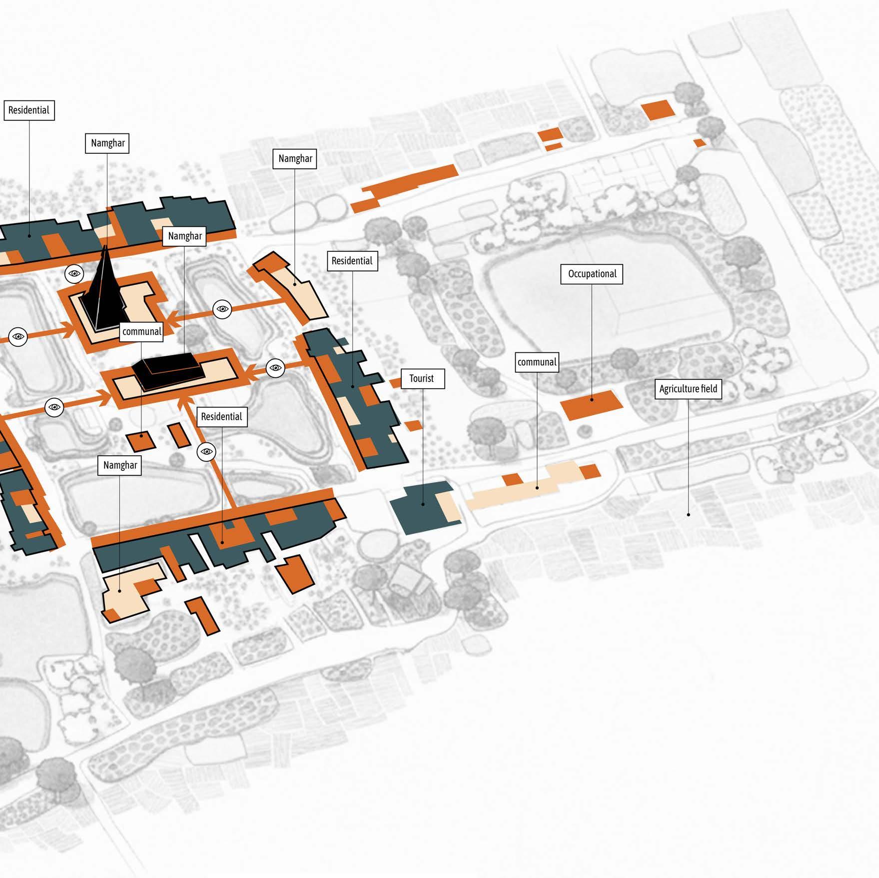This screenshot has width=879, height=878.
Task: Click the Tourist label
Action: pyautogui.click(x=422, y=379)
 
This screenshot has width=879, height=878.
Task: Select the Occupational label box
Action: pyautogui.click(x=592, y=274)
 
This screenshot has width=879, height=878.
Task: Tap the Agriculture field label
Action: pyautogui.click(x=688, y=389)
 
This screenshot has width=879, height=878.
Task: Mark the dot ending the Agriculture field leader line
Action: pyautogui.click(x=688, y=514)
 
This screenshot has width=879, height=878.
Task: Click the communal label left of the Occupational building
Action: pyautogui.click(x=537, y=362)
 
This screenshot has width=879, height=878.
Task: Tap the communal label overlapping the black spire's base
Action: pyautogui.click(x=142, y=332)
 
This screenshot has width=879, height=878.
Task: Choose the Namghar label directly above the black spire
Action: pyautogui.click(x=107, y=143)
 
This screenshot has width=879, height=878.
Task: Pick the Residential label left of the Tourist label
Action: pyautogui.click(x=352, y=261)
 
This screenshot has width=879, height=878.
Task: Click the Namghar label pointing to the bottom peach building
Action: pyautogui.click(x=120, y=465)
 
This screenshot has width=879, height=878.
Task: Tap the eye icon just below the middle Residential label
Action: pyautogui.click(x=206, y=452)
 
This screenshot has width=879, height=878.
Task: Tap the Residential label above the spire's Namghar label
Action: pyautogui.click(x=28, y=110)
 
